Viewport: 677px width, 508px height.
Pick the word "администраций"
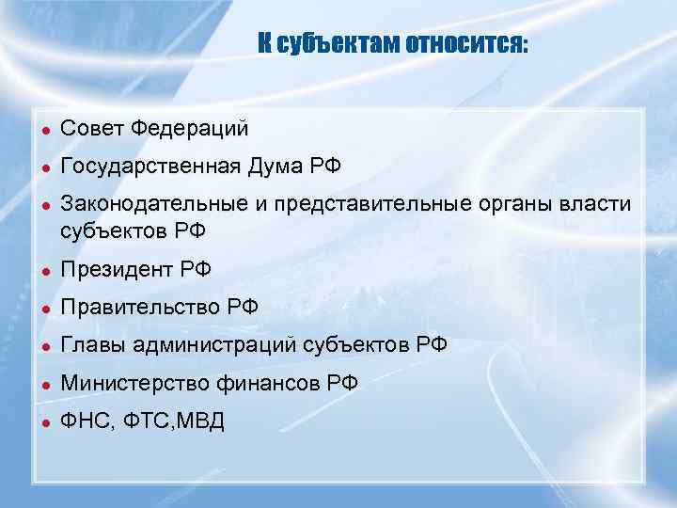(x=215, y=346)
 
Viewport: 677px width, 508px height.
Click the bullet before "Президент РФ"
(x=43, y=271)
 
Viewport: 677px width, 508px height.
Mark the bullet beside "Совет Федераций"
(x=43, y=128)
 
